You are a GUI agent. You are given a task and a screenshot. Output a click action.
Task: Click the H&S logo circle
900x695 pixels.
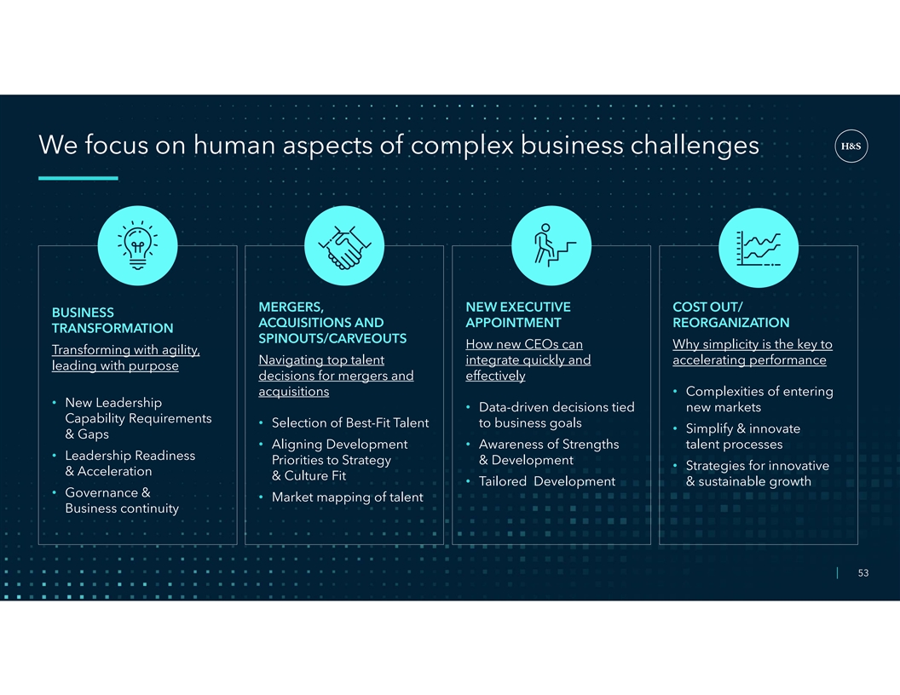(x=851, y=146)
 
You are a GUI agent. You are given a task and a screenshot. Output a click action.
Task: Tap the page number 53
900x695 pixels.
(x=862, y=573)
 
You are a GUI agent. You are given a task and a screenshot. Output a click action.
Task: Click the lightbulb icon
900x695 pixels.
(x=138, y=245)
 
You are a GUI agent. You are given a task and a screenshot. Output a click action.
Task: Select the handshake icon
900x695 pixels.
(x=344, y=247)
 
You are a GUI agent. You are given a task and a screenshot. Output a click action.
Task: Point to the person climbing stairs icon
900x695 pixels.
(x=552, y=245)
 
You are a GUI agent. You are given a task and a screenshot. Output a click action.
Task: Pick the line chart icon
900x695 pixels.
(x=759, y=248)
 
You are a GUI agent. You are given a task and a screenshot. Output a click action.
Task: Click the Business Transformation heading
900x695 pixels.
(x=112, y=320)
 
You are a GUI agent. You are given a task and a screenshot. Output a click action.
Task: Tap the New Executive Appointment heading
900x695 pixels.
(x=518, y=315)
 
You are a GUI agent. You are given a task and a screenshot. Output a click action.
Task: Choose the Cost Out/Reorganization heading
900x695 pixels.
(x=730, y=315)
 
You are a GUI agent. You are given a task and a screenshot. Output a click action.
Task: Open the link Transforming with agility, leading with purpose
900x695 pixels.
(x=125, y=358)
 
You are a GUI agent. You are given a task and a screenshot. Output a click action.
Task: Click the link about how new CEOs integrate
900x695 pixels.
(x=528, y=360)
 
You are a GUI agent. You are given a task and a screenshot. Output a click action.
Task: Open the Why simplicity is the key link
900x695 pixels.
(x=753, y=352)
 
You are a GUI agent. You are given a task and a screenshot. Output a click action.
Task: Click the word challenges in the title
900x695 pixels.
(x=695, y=145)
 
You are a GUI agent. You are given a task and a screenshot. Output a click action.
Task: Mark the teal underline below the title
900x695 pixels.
(x=78, y=178)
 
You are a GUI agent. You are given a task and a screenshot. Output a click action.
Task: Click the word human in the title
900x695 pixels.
(x=234, y=145)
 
